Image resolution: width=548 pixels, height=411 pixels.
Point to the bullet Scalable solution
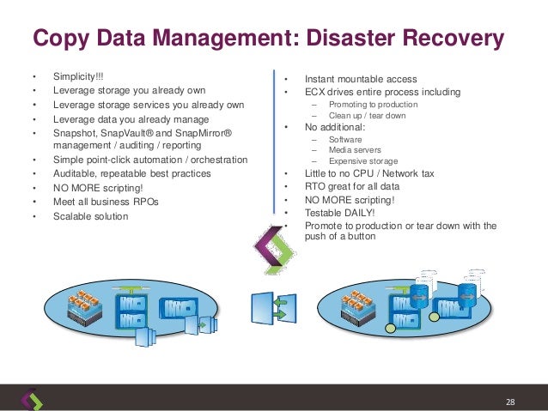click(90, 216)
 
